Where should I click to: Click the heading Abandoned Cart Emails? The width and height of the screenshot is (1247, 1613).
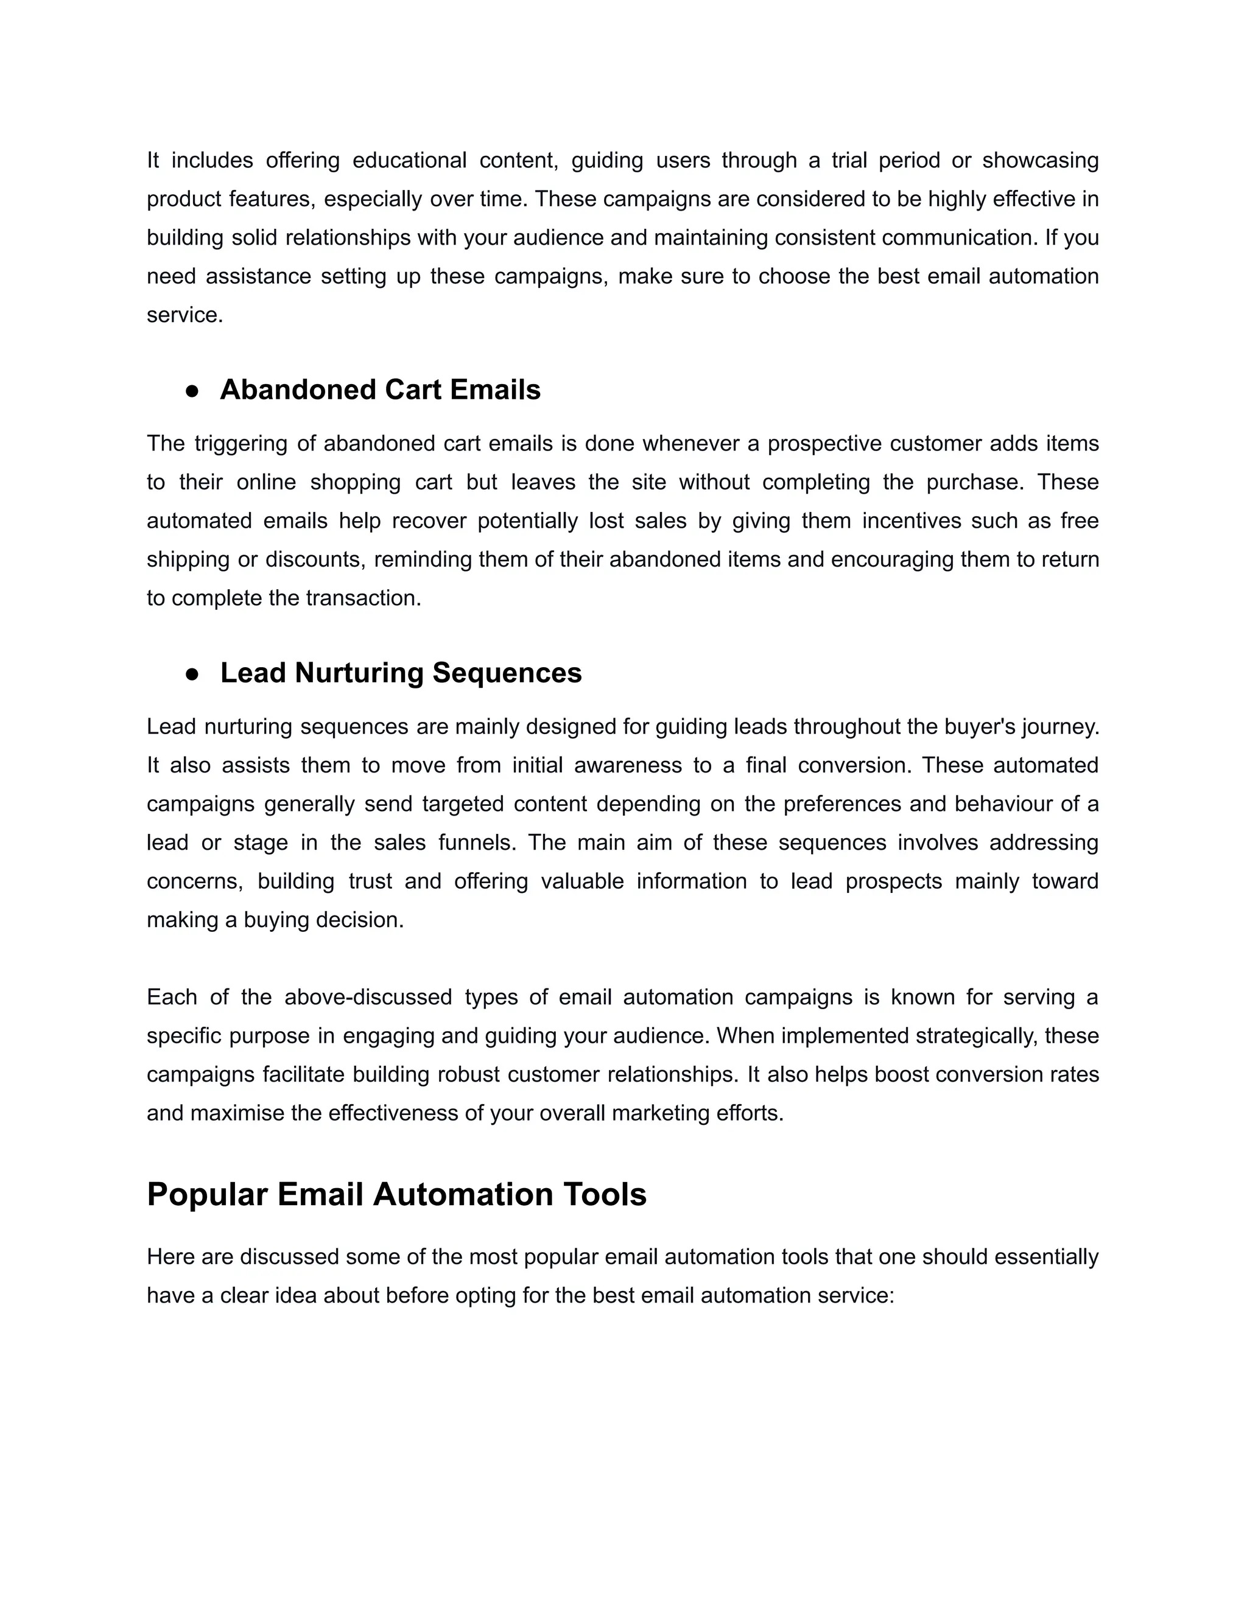click(380, 390)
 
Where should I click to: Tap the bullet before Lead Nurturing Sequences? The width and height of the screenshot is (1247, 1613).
click(192, 674)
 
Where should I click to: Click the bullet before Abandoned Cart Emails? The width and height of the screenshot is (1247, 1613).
click(192, 391)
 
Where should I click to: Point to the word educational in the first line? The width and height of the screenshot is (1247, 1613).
click(409, 160)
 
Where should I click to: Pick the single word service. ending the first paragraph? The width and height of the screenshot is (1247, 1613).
click(184, 315)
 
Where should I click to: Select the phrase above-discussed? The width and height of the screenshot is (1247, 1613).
click(368, 997)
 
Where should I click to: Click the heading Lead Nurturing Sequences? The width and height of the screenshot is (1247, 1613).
click(401, 673)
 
